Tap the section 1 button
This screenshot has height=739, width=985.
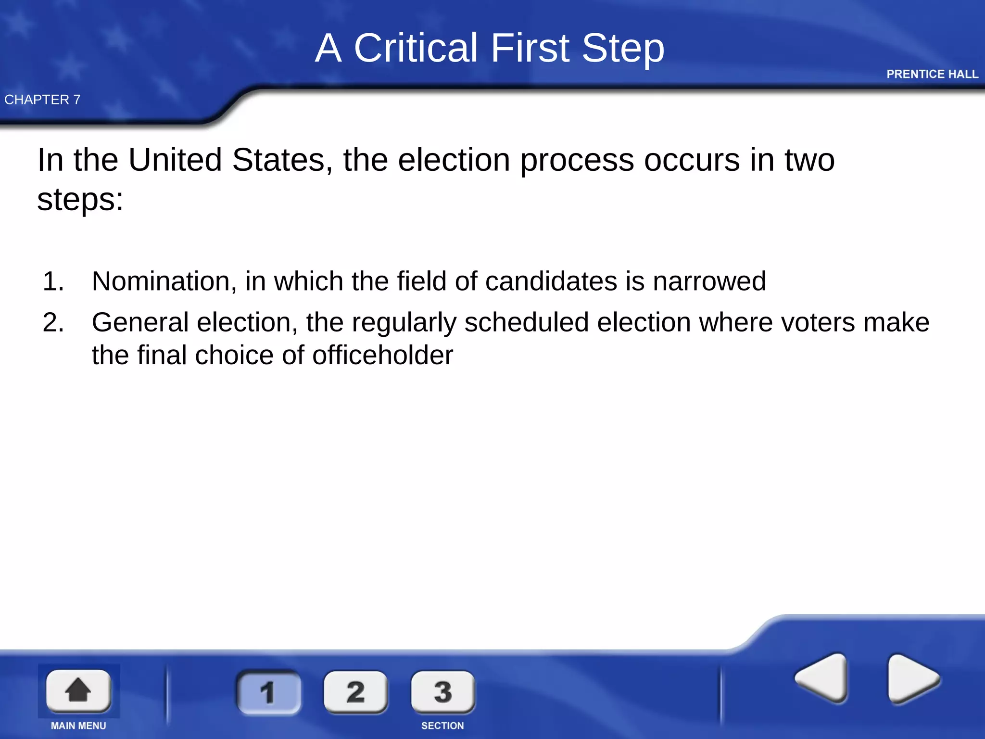click(x=268, y=692)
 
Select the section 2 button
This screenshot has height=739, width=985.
click(x=355, y=692)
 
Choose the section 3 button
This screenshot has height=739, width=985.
click(x=443, y=692)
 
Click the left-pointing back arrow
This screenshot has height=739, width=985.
click(x=822, y=678)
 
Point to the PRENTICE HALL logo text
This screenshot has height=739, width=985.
click(x=932, y=74)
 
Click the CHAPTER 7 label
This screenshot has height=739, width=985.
click(x=42, y=100)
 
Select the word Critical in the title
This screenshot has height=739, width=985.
click(x=416, y=48)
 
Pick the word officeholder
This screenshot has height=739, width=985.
click(x=383, y=355)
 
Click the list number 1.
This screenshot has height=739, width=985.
click(x=53, y=281)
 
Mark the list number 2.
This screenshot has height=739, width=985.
click(x=53, y=322)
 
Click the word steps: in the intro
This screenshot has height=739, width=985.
click(x=80, y=200)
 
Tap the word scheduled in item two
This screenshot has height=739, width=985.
click(x=526, y=322)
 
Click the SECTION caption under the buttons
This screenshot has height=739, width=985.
click(x=442, y=726)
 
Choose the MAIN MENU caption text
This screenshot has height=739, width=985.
click(x=78, y=726)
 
